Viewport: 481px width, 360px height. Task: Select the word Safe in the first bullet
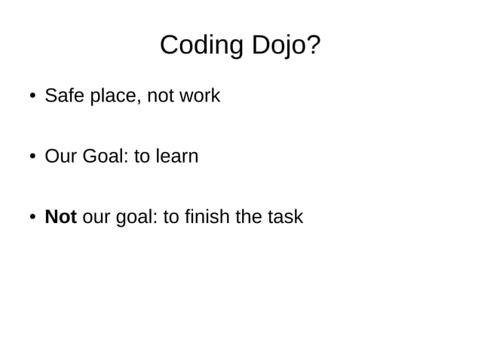(63, 96)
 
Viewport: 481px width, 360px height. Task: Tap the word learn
(177, 157)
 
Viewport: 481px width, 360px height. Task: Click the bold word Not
(61, 217)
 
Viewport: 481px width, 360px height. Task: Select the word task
(286, 217)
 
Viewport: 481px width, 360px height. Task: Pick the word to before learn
(142, 157)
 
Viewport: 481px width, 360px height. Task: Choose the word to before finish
(171, 217)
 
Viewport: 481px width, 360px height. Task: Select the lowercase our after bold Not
(94, 218)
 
